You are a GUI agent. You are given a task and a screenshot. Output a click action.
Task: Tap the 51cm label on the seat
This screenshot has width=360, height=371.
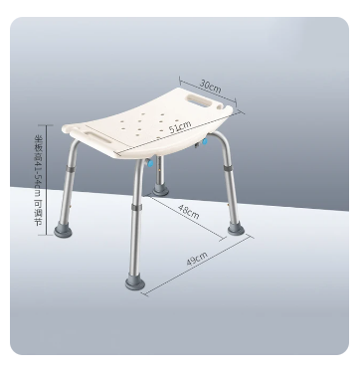180,128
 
